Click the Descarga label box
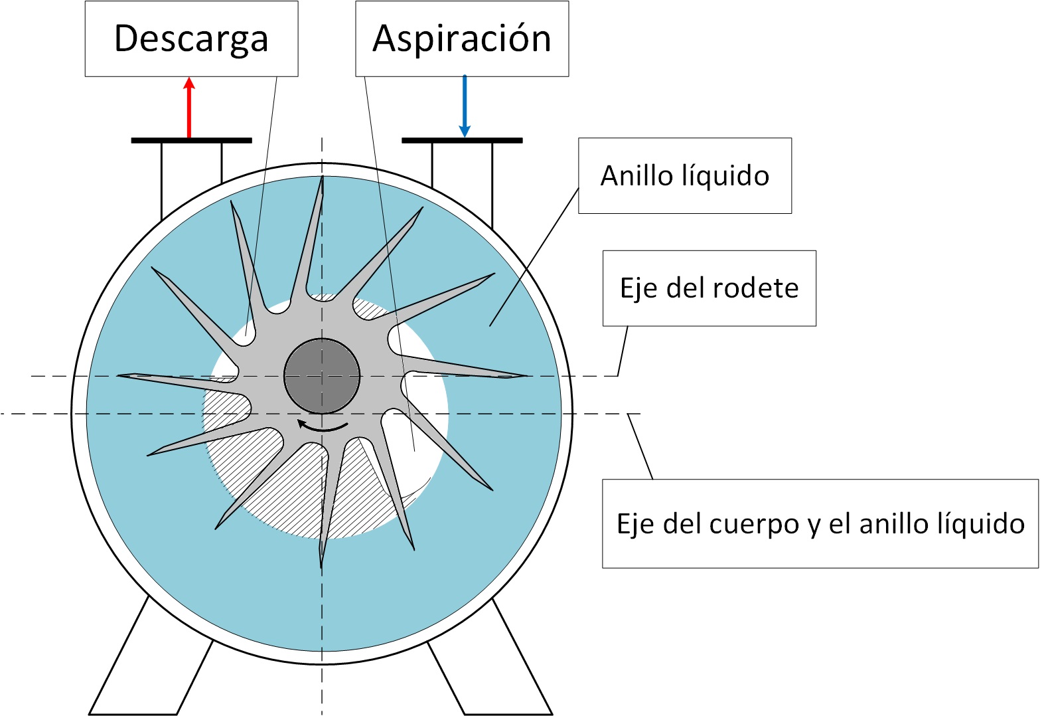(191, 39)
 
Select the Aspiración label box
(462, 39)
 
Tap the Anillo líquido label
(685, 175)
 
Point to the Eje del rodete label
(709, 288)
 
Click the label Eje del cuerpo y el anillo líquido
(820, 523)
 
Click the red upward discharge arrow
(189, 108)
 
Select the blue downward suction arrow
(464, 107)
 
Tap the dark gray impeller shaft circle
(322, 376)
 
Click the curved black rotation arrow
(323, 426)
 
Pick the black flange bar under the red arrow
(191, 141)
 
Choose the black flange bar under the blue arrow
(462, 141)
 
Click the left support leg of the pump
(151, 656)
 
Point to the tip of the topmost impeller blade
(322, 177)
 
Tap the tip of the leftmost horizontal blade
(117, 375)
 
